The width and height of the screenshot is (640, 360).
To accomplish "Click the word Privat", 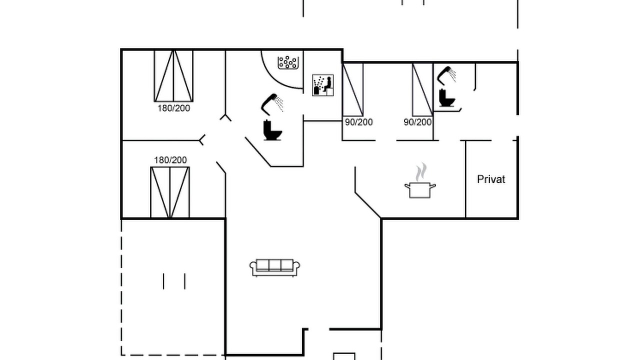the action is [491, 179].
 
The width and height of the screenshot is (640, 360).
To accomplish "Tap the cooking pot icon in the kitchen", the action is [420, 189].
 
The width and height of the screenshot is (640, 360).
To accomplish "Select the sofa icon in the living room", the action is [274, 267].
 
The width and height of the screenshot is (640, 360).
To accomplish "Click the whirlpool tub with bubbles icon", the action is [288, 62].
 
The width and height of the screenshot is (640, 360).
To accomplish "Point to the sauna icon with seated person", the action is [323, 85].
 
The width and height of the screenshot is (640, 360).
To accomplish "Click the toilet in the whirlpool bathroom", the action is [272, 130].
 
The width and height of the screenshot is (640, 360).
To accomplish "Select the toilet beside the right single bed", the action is [446, 97].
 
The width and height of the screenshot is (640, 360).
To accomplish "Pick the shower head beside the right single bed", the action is [446, 75].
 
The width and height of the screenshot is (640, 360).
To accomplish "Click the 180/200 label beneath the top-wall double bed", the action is [173, 108].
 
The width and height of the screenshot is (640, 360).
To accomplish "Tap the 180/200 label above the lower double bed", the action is [170, 160].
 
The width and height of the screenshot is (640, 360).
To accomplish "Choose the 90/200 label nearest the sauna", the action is [358, 122].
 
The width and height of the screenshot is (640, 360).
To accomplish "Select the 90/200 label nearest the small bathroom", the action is [417, 122].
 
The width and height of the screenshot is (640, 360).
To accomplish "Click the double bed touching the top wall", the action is [173, 75].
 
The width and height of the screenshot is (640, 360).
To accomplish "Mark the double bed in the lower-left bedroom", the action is [170, 192].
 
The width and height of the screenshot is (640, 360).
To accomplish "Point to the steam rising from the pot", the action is [421, 172].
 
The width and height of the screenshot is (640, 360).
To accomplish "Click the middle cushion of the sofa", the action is [275, 265].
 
